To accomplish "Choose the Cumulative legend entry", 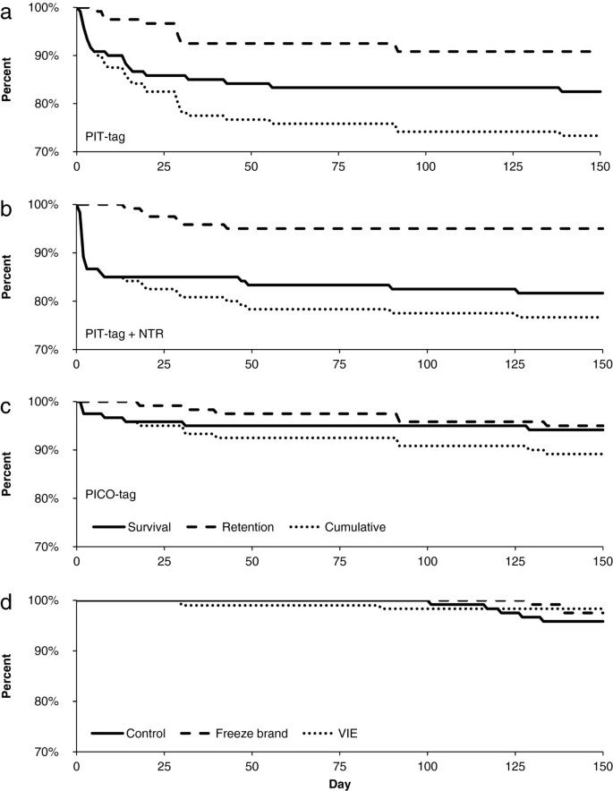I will [x=355, y=527].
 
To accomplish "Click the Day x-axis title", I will [x=338, y=782].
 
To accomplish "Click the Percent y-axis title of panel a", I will [x=8, y=81].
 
